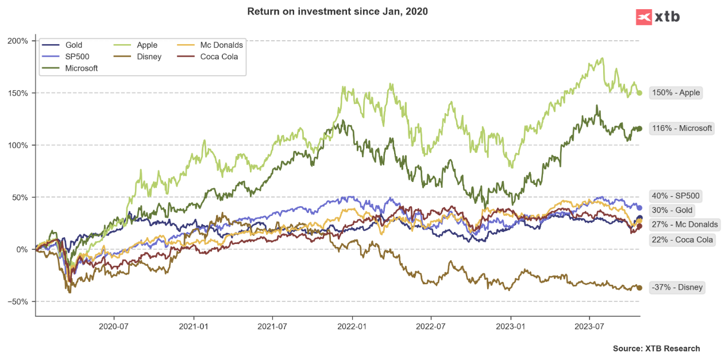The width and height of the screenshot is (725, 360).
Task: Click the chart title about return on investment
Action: (337, 11)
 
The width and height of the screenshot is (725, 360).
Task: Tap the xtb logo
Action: (658, 17)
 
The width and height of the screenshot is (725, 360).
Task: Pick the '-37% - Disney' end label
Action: (677, 287)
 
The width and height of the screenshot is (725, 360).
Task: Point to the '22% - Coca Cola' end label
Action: (682, 239)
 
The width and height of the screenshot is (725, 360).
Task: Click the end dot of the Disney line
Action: (639, 288)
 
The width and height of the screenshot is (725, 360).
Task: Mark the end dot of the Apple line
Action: (639, 93)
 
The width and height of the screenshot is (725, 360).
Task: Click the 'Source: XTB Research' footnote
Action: (656, 349)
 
